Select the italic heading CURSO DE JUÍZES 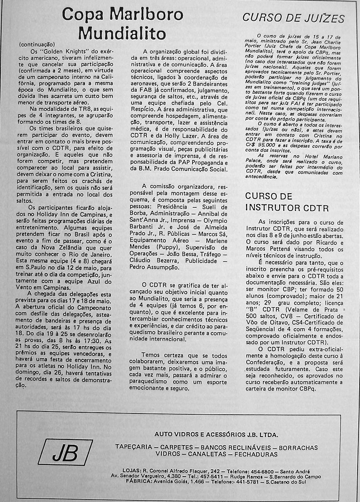pyautogui.click(x=293, y=18)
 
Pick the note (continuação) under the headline pyautogui.click(x=37, y=45)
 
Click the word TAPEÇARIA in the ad pyautogui.click(x=133, y=447)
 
